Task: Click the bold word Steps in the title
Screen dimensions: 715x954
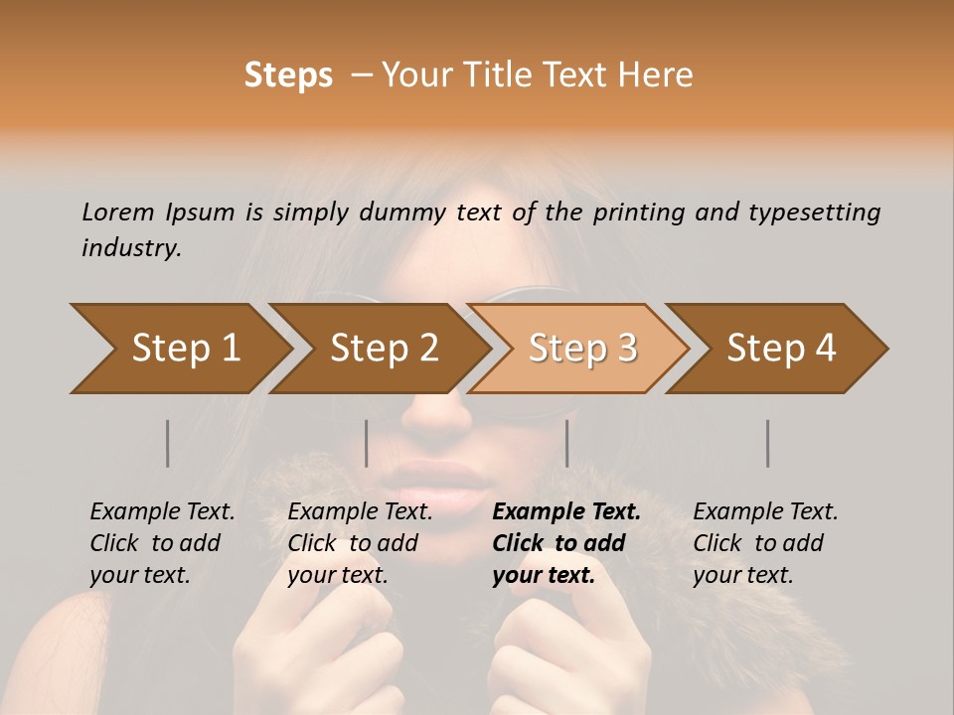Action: (288, 75)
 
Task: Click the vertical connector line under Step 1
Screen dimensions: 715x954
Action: (168, 443)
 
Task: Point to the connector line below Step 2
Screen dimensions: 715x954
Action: (367, 443)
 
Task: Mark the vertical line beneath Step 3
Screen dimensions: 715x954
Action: (566, 443)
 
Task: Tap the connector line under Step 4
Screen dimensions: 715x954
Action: (767, 443)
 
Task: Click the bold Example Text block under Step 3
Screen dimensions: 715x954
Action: (564, 543)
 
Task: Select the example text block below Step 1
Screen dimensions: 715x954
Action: (161, 543)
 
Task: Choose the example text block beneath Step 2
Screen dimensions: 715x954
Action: (359, 543)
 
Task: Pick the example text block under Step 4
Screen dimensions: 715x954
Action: (764, 543)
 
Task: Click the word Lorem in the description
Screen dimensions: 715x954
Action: (118, 213)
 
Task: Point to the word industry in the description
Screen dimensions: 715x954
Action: (131, 248)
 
